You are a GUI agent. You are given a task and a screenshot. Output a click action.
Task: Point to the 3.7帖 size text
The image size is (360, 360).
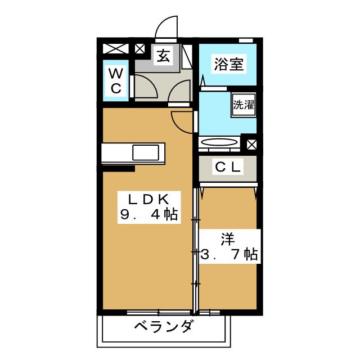click(x=229, y=254)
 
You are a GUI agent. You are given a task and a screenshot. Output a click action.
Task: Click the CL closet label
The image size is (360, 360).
click(x=227, y=166)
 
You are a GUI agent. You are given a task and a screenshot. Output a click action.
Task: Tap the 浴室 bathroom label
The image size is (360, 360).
click(x=228, y=64)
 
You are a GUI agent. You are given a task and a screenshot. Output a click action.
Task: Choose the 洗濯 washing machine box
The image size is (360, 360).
click(x=244, y=104)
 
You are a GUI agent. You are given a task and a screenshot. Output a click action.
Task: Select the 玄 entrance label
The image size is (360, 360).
click(x=164, y=56)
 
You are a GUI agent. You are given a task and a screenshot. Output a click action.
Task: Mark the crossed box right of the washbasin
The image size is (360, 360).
click(x=250, y=143)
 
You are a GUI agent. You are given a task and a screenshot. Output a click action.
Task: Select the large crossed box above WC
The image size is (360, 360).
click(x=115, y=49)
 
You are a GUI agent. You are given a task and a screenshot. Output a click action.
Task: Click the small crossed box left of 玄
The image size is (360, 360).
click(x=140, y=49)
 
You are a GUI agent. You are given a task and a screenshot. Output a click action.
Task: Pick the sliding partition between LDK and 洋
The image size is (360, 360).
click(x=196, y=250)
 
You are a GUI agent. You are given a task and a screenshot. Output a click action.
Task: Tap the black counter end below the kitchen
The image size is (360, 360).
click(x=118, y=168)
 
